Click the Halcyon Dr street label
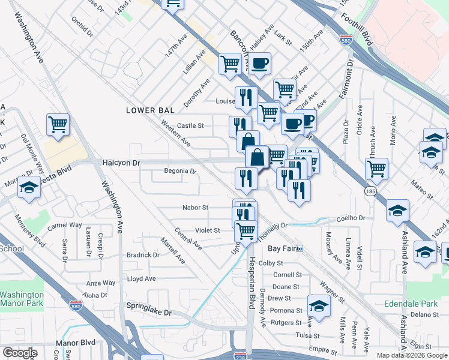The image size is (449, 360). point(121,163)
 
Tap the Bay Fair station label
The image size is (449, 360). point(282,248)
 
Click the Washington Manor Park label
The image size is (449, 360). point(22,299)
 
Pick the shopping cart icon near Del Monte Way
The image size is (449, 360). point(58,125)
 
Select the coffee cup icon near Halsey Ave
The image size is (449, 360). point(259,63)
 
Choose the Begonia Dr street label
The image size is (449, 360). point(180,171)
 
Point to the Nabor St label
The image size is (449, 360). point(195,208)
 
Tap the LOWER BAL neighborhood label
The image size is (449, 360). point(150,110)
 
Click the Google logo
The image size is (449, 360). point(20,353)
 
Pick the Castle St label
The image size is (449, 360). point(190,126)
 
